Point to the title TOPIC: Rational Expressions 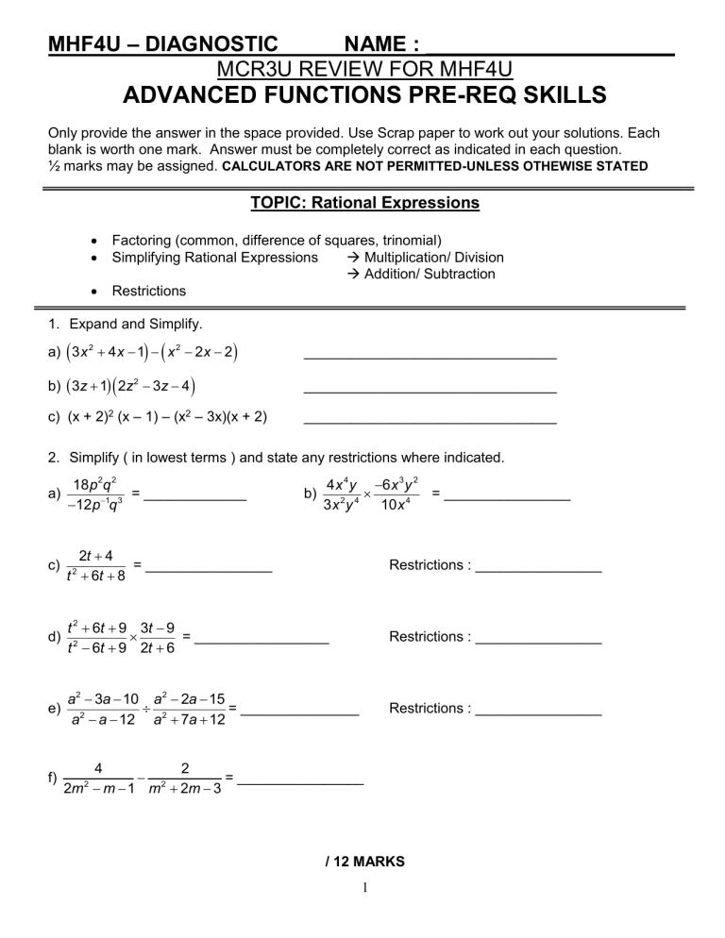[363, 203]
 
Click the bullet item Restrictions [148, 291]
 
